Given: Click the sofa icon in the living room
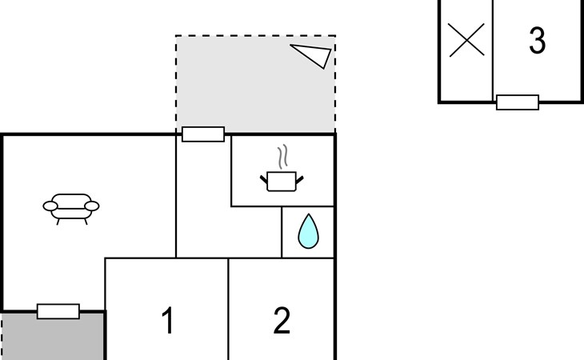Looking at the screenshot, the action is (71, 209).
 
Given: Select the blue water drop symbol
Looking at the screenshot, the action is (308, 231).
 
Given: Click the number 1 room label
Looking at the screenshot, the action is (168, 321).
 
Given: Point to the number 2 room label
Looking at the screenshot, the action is (282, 321).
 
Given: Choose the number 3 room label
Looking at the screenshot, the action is (537, 40).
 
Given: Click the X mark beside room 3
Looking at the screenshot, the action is (466, 40).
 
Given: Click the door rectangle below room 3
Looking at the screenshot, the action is (518, 102).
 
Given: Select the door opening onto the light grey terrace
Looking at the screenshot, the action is (203, 134).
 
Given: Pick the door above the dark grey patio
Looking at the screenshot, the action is (58, 312).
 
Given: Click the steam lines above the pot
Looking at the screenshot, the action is (283, 156).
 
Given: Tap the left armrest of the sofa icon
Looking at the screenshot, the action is (50, 206).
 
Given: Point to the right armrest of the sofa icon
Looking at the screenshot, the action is (92, 206).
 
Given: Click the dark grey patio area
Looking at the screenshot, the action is (53, 337).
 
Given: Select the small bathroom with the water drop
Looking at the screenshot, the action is (308, 232).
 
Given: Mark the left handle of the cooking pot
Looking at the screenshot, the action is (264, 180).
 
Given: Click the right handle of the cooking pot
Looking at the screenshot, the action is (299, 180).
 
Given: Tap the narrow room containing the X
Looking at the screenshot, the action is (466, 50).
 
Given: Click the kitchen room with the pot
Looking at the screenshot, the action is (282, 171).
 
